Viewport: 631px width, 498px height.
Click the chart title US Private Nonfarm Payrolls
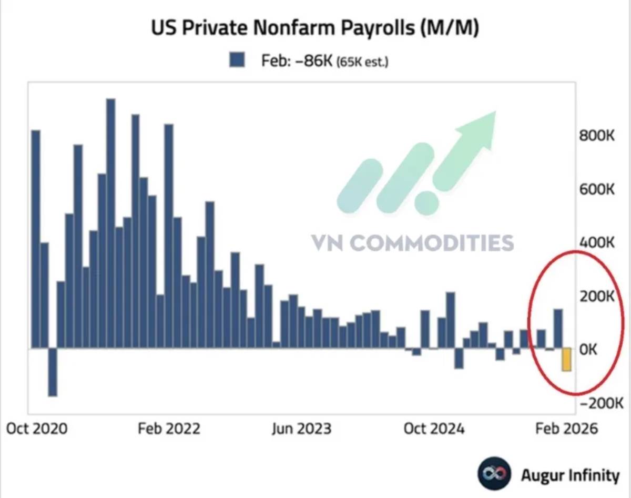tap(314, 28)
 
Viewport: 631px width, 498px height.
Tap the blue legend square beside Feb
tap(237, 60)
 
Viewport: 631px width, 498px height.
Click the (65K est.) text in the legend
tap(362, 62)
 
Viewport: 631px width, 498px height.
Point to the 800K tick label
tap(597, 136)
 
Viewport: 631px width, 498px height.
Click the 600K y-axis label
tap(597, 189)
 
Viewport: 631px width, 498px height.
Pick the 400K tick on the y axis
tap(597, 242)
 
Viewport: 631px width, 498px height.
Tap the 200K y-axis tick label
tap(597, 296)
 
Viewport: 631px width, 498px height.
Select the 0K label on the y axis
tap(588, 350)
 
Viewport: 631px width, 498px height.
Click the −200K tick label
tap(602, 403)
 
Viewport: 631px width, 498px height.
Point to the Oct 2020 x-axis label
tap(37, 429)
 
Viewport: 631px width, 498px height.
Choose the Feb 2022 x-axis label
tap(169, 429)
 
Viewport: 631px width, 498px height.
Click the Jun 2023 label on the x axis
tap(301, 429)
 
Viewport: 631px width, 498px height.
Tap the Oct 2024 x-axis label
tap(434, 429)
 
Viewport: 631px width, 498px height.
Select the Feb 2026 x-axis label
tap(566, 429)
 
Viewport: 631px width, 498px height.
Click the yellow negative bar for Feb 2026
tap(566, 360)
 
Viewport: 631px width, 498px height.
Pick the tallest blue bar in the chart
tap(110, 223)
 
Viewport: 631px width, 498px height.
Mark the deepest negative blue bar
tap(53, 372)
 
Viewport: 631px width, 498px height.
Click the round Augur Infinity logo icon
tap(494, 473)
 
